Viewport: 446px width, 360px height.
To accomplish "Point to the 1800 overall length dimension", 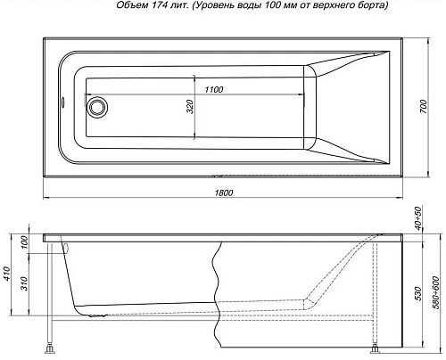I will point(224,192).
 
